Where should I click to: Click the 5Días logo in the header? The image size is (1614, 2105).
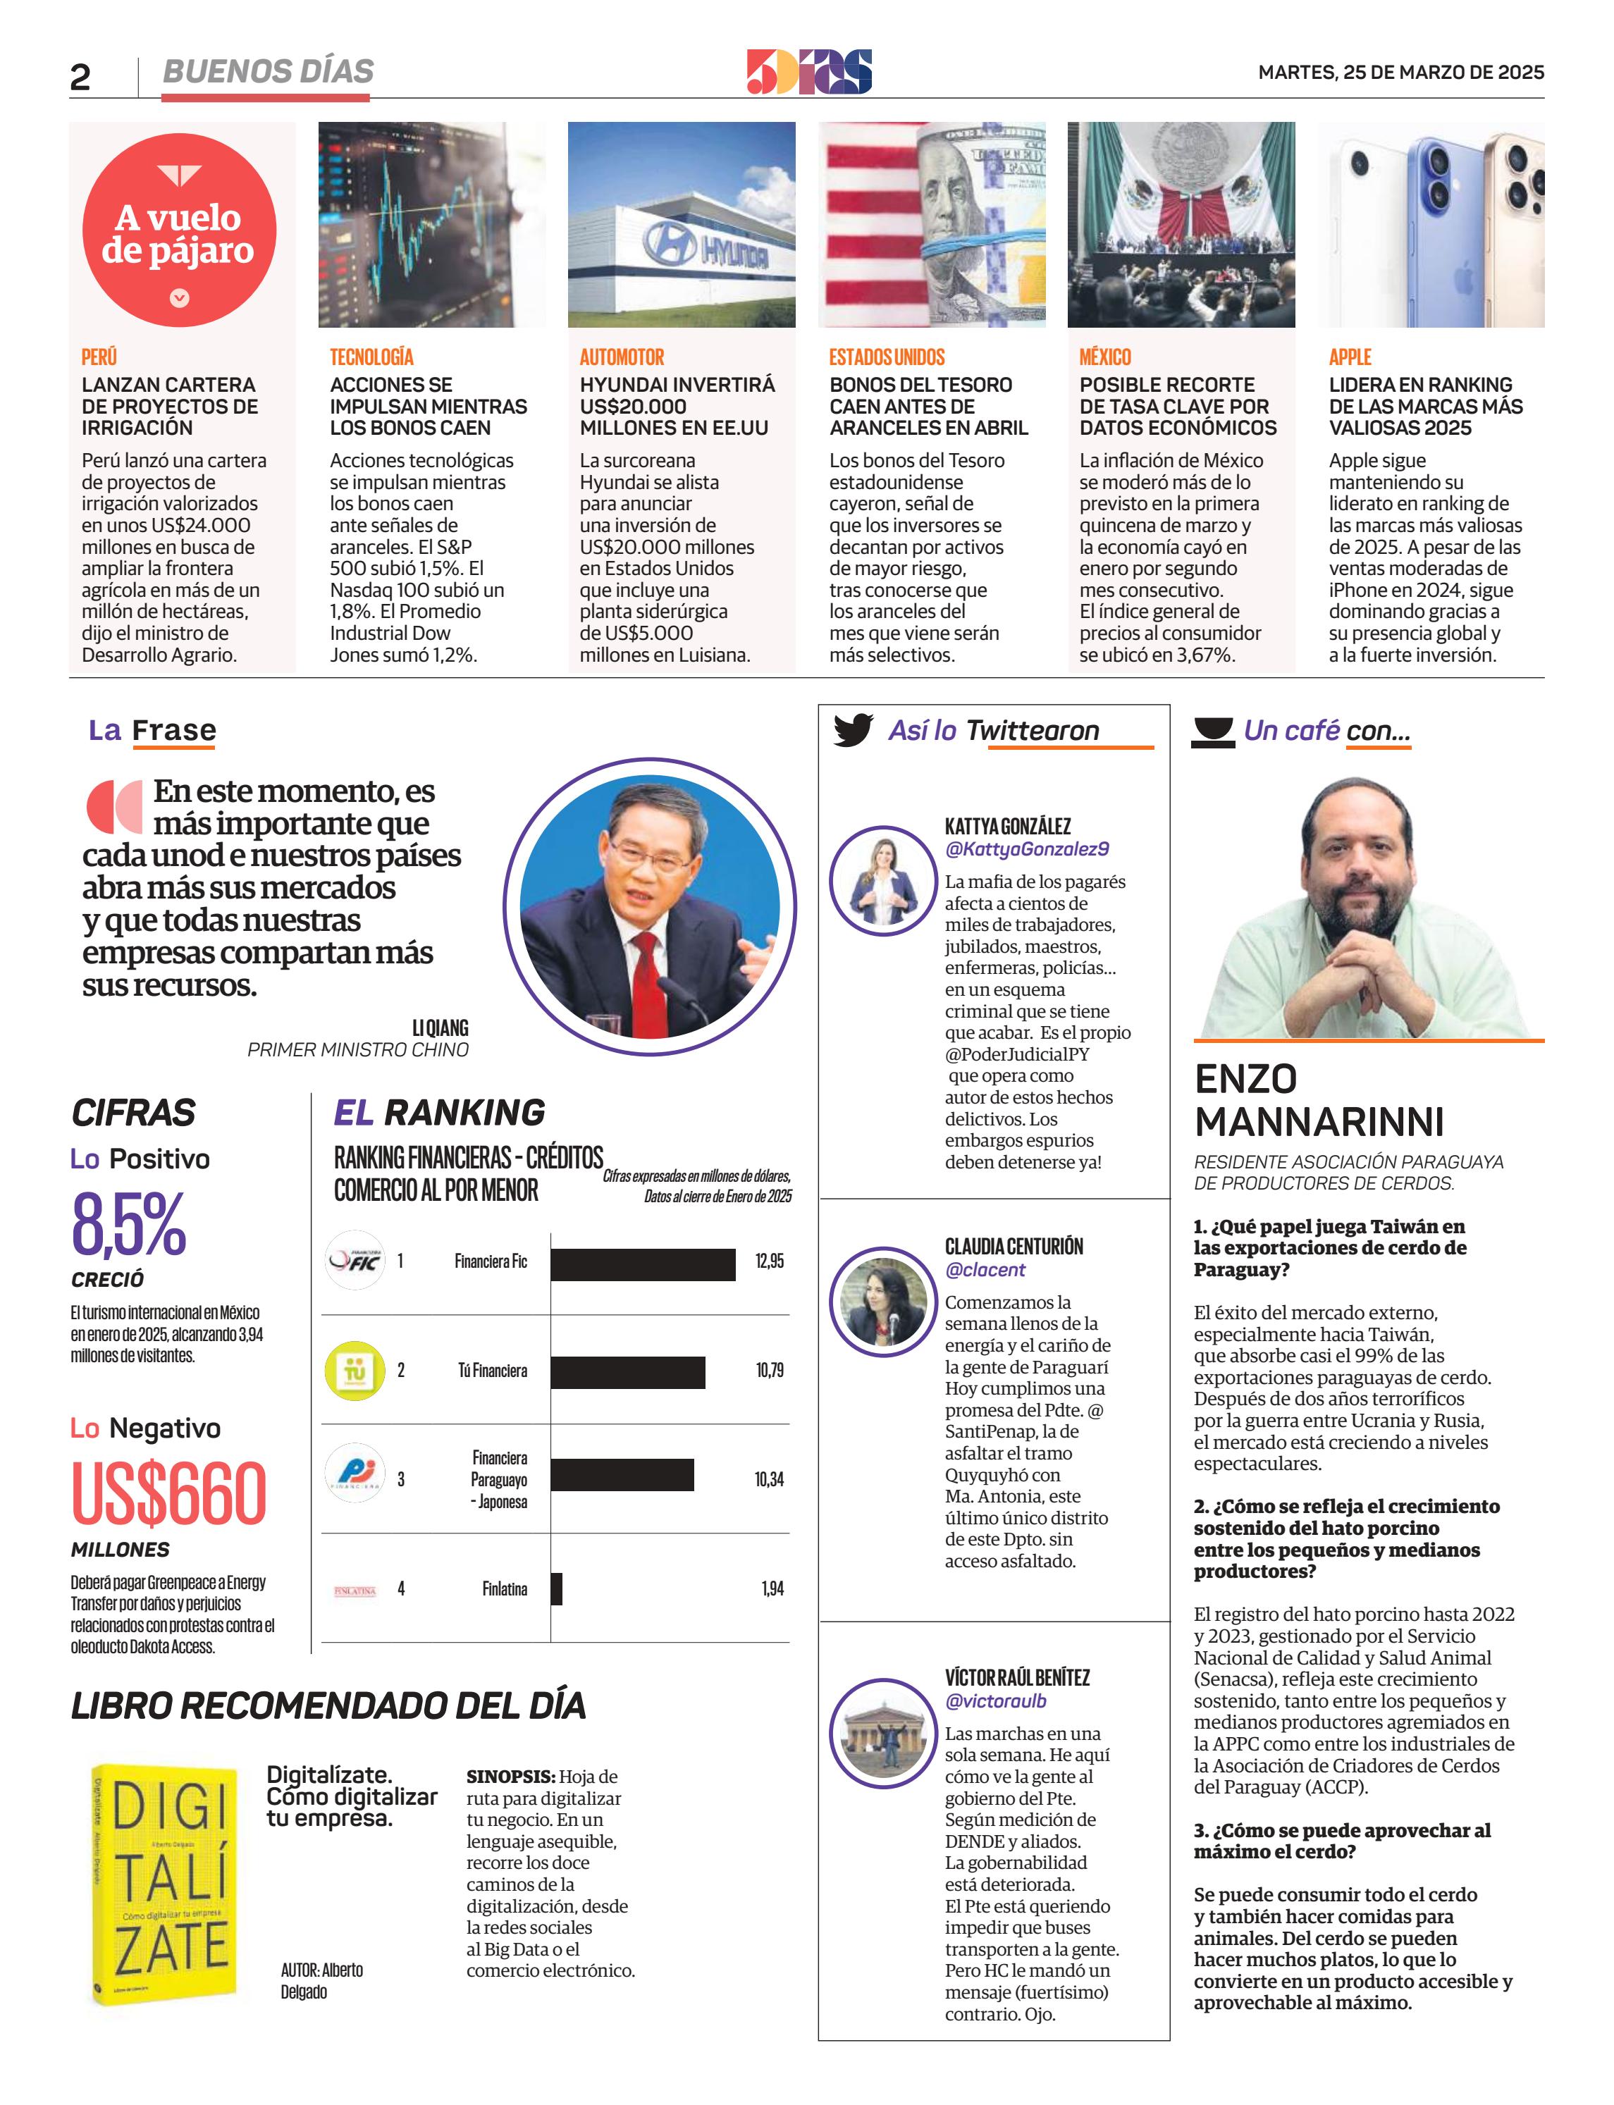[809, 72]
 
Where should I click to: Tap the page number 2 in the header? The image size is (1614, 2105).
[80, 77]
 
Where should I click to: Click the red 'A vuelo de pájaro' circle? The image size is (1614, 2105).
[180, 230]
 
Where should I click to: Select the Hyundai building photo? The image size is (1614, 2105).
[681, 225]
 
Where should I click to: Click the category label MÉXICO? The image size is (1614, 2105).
[1105, 357]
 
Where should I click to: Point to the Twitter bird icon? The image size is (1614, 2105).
[852, 730]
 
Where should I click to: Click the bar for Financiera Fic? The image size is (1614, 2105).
[643, 1264]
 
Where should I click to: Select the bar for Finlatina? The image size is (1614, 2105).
[556, 1589]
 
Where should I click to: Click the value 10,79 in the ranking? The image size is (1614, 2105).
[770, 1370]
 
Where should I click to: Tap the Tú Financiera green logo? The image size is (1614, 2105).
[355, 1371]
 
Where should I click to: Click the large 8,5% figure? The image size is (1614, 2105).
[129, 1224]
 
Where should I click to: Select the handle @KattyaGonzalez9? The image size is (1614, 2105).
[1026, 849]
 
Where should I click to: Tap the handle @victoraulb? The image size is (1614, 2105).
[995, 1701]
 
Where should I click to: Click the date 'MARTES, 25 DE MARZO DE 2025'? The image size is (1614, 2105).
[1400, 72]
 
